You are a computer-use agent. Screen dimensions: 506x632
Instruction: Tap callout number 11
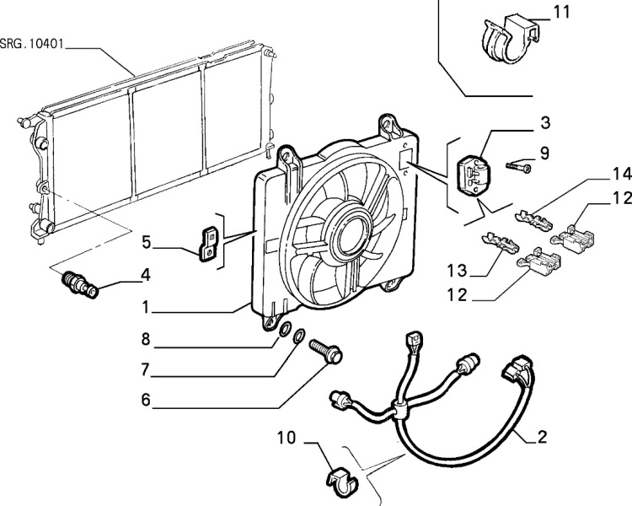click(562, 12)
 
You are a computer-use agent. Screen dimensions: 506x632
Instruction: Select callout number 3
click(545, 123)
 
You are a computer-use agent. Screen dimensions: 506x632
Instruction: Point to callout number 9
click(545, 153)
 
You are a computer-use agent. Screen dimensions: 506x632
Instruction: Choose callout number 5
click(146, 243)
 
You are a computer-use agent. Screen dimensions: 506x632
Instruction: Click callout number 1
click(146, 310)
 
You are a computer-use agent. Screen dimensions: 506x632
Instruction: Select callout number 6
click(146, 400)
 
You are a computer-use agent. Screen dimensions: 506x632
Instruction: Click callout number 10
click(287, 439)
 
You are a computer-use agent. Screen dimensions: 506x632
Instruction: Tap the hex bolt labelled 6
click(324, 352)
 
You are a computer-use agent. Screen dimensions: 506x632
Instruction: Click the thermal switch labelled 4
click(81, 284)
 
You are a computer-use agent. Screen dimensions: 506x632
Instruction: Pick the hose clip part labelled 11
click(505, 40)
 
